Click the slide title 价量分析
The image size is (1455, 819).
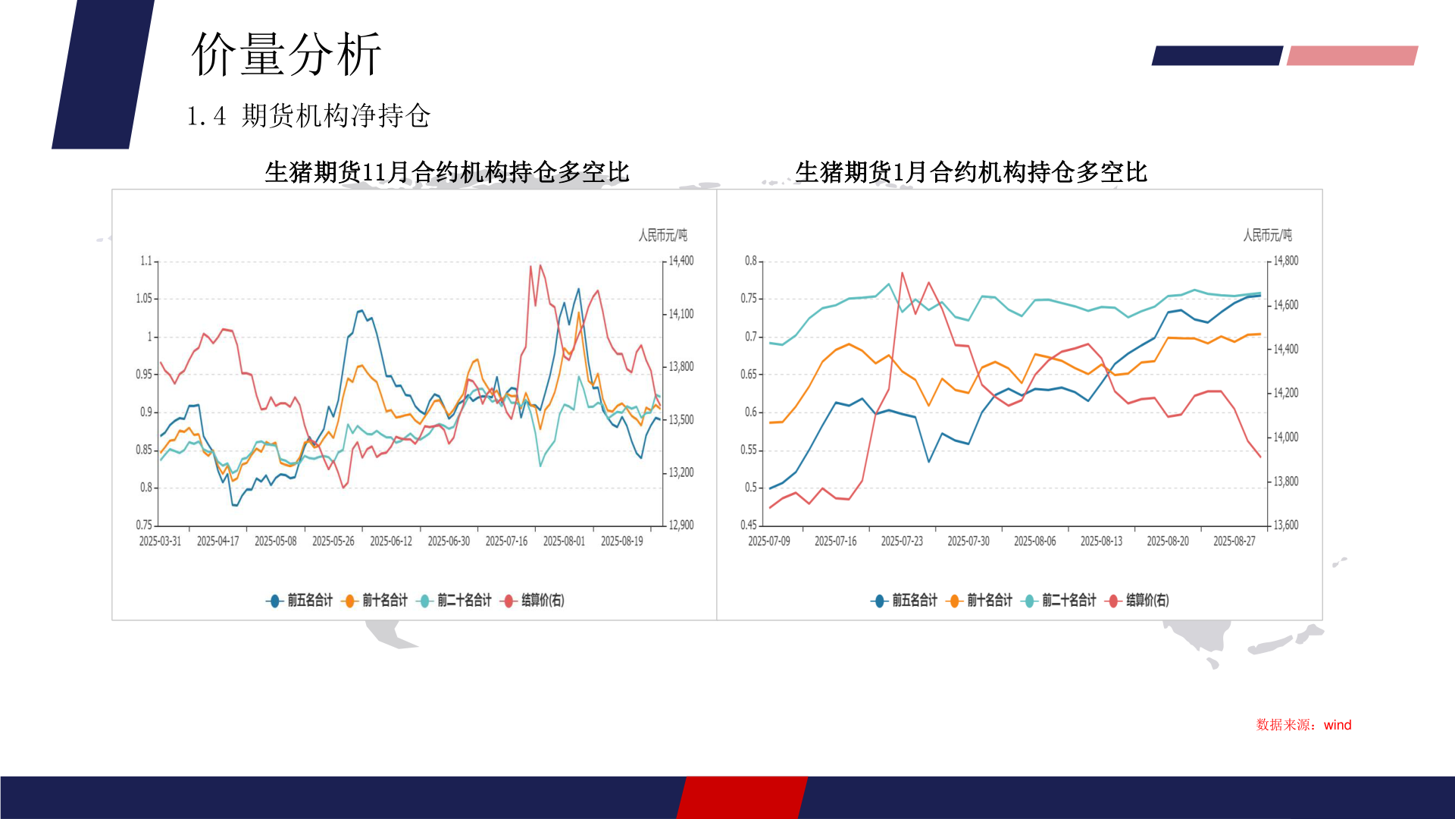[286, 55]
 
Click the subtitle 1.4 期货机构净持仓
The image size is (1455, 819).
[308, 116]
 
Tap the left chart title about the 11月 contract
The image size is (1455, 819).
[447, 172]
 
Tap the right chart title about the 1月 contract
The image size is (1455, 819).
[971, 172]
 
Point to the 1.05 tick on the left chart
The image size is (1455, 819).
[144, 299]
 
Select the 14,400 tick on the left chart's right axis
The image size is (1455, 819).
[681, 261]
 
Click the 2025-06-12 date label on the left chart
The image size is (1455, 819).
[391, 541]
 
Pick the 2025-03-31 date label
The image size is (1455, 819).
[160, 541]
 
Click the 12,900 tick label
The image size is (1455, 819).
[681, 525]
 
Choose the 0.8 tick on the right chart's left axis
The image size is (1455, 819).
[750, 261]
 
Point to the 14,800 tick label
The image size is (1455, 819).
[1285, 261]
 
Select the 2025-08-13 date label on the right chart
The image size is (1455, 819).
[1101, 541]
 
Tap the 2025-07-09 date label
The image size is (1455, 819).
[768, 541]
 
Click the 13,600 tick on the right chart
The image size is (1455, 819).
[1285, 525]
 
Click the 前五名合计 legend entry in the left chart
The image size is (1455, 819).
[301, 601]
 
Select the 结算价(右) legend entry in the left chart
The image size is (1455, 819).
[534, 601]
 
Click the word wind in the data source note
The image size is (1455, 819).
[1338, 725]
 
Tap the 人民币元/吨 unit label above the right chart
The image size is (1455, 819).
[1267, 236]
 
